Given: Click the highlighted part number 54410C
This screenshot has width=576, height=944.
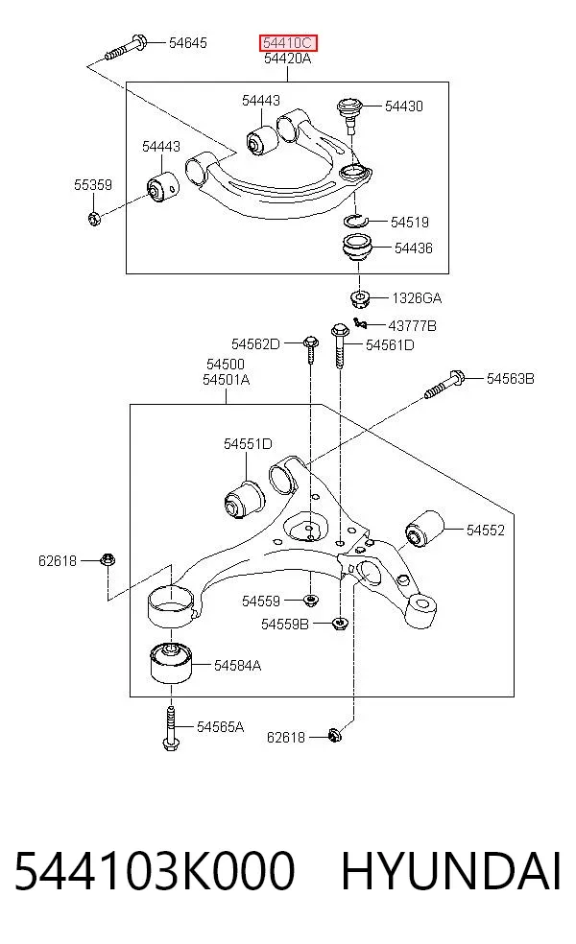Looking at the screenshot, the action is (287, 43).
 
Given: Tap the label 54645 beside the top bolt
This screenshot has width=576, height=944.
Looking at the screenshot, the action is (188, 43).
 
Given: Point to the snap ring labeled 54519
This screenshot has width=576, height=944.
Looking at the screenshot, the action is (355, 221).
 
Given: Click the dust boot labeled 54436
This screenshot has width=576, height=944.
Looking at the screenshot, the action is (358, 248).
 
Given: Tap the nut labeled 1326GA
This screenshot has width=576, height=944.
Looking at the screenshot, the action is (360, 297).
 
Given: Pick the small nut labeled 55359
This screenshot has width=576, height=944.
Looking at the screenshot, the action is (94, 218).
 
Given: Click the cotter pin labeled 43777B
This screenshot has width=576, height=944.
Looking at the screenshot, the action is (360, 324).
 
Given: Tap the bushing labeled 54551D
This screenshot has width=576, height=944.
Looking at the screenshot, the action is (244, 497).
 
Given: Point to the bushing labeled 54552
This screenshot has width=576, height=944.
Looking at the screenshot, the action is (423, 530).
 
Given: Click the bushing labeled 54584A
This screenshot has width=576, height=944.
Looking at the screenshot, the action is (171, 664).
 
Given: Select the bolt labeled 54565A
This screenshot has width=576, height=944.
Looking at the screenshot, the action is (171, 728).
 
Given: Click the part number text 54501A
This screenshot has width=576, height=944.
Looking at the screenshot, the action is (226, 380).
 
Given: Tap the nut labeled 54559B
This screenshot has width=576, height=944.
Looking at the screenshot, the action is (340, 624).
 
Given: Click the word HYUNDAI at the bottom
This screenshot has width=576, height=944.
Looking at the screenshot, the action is (450, 871).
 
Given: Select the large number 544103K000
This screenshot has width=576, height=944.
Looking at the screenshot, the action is (155, 871).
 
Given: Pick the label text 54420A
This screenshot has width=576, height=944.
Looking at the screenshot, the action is (287, 59).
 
